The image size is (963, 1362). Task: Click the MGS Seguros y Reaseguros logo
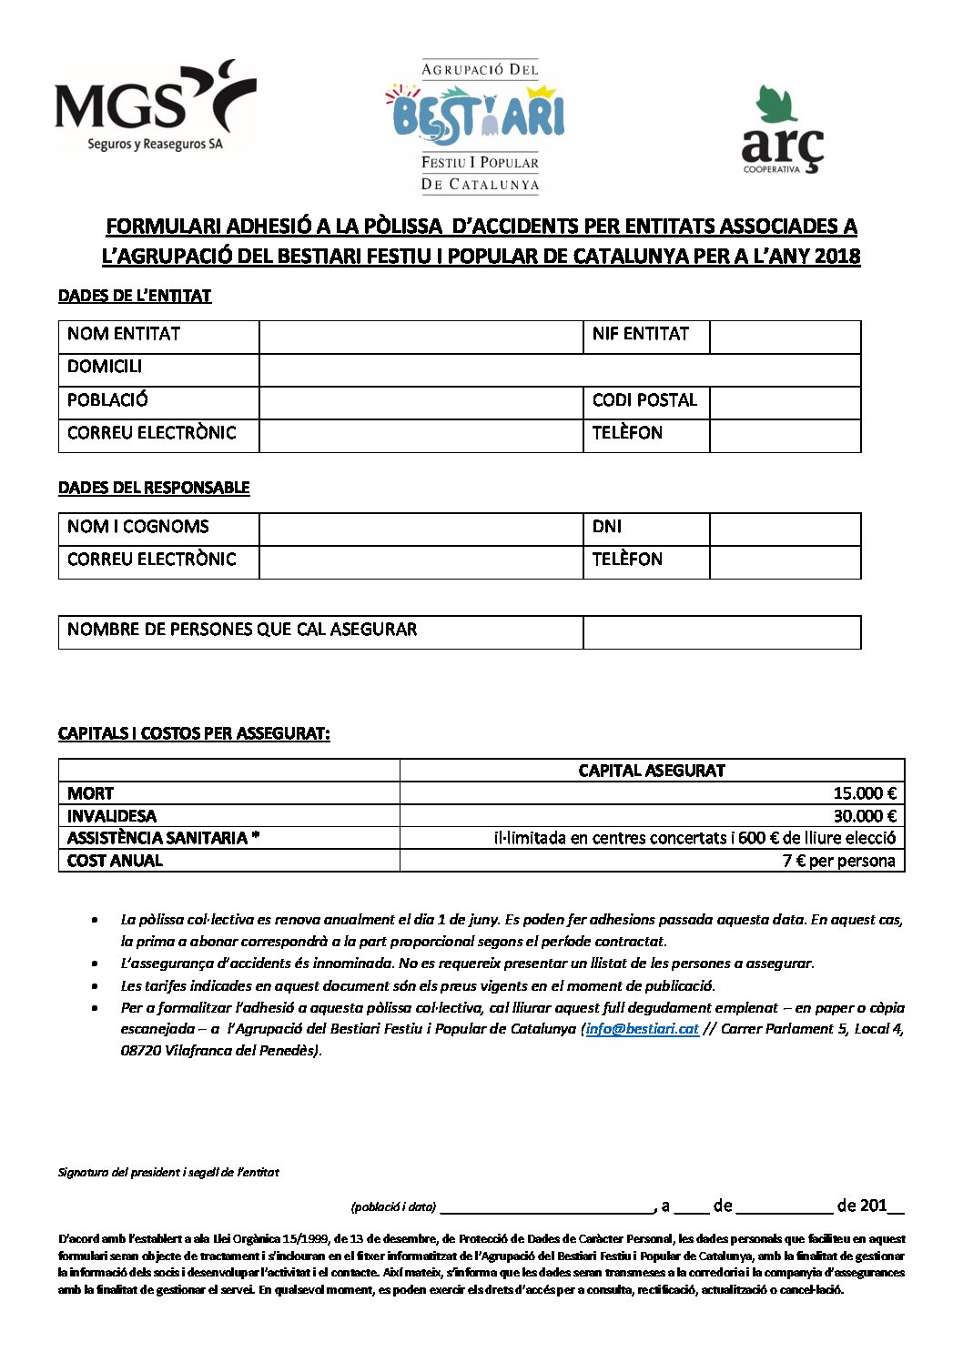155,106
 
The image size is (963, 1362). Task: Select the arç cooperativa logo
782,131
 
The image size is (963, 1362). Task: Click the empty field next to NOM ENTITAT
421,337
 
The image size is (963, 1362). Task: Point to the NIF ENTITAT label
641,334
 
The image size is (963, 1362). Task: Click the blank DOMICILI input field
560,369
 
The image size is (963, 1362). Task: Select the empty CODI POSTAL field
785,402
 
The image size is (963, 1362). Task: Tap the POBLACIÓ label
107,400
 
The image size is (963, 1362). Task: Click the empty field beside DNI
785,529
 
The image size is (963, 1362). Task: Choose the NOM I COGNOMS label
138,527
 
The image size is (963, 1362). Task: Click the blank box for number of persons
721,632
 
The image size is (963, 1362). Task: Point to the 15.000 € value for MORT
865,793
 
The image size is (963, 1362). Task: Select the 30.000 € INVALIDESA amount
865,816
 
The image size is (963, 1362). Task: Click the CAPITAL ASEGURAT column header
652,771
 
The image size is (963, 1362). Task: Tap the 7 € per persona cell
838,861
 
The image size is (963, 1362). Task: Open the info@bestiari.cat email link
643,1029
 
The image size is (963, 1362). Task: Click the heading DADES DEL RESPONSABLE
154,488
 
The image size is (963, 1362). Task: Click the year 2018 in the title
837,257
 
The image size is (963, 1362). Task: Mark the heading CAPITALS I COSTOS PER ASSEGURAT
194,733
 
